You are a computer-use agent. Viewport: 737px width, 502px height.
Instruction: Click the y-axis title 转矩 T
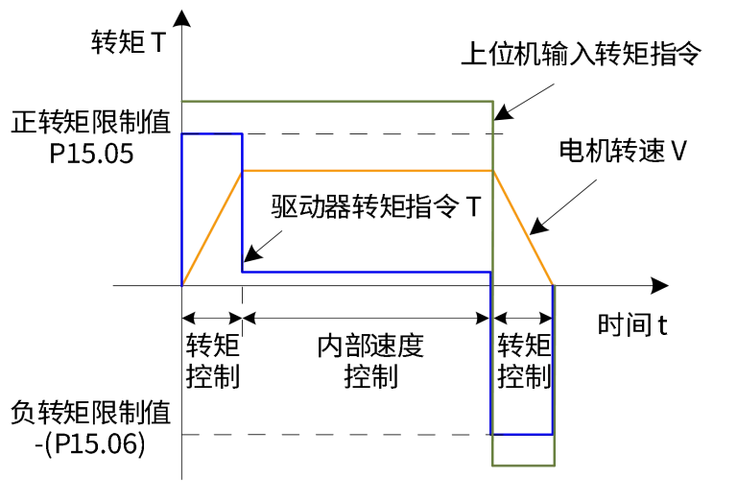coord(128,42)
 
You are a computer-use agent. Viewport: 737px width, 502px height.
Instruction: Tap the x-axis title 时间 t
coord(631,324)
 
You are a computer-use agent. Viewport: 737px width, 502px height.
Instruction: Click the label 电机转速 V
coord(624,151)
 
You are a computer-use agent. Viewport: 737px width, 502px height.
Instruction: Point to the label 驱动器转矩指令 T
coord(374,206)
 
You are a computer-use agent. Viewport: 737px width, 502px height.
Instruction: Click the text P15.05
coord(91,153)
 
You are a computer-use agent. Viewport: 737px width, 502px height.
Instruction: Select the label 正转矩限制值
coord(91,123)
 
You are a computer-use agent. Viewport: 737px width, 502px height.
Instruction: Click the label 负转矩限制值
coord(91,414)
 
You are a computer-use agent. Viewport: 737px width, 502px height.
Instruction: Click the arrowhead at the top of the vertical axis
coord(182,20)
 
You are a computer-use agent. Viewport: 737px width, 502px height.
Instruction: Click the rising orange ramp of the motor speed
coord(212,227)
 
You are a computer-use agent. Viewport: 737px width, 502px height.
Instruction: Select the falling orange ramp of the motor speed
coord(524,228)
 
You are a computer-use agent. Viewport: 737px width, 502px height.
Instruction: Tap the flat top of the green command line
coord(336,101)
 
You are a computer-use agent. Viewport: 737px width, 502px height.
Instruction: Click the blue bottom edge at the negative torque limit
coord(522,434)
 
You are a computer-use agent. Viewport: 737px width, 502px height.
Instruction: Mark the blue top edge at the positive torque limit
coord(212,134)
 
